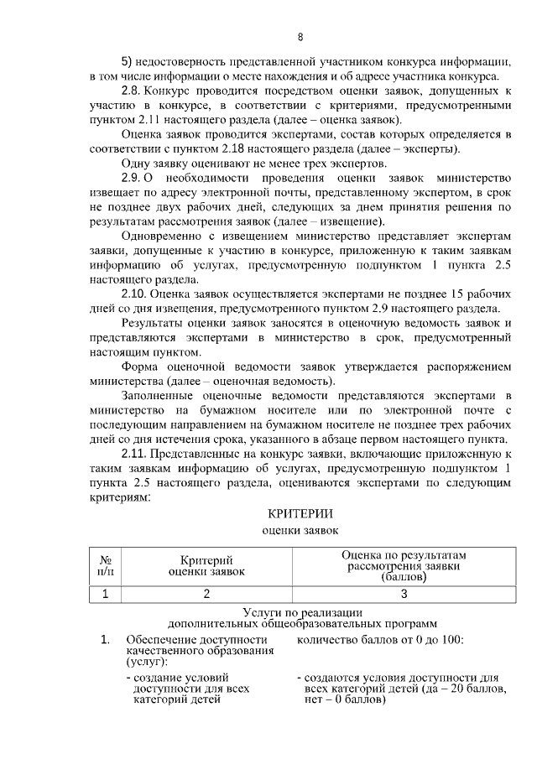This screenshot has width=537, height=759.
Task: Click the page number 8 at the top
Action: [x=300, y=37]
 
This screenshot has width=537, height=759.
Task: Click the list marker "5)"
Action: [x=128, y=62]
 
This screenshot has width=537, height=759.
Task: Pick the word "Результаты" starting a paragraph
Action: [x=153, y=323]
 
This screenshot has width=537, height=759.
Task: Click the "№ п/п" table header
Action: [x=106, y=565]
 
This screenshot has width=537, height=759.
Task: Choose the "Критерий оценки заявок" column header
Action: [x=206, y=565]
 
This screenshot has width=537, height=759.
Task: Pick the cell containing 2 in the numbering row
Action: [x=206, y=595]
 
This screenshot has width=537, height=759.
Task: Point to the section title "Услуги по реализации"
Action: [x=301, y=613]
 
